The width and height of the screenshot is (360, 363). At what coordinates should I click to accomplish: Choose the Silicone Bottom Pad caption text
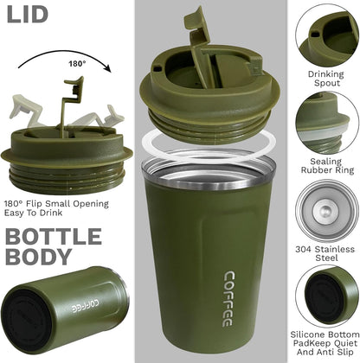pos(325,341)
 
